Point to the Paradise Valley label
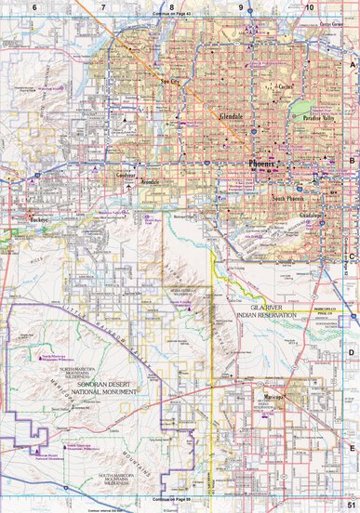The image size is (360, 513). (313, 119)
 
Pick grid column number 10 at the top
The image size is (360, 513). (309, 7)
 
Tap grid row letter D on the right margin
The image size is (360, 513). (351, 352)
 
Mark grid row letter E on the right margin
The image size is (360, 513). (351, 447)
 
